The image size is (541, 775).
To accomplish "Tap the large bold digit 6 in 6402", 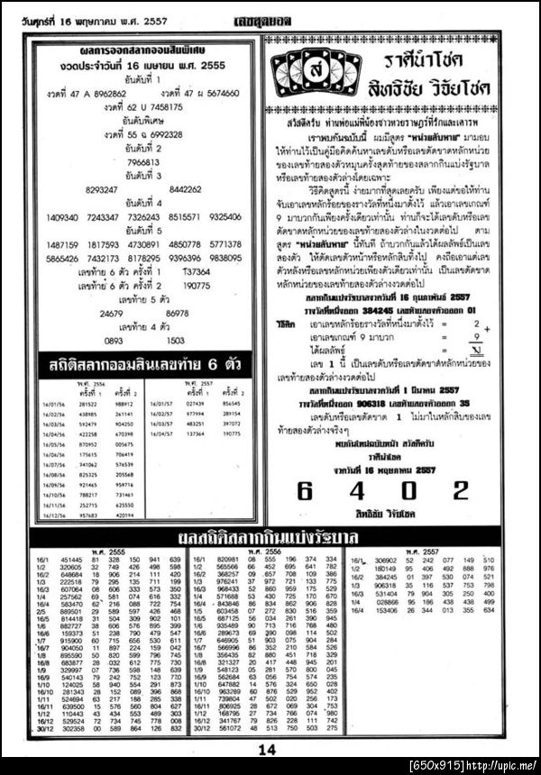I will coord(305,490).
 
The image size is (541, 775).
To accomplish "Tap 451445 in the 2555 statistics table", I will coord(71,560).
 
